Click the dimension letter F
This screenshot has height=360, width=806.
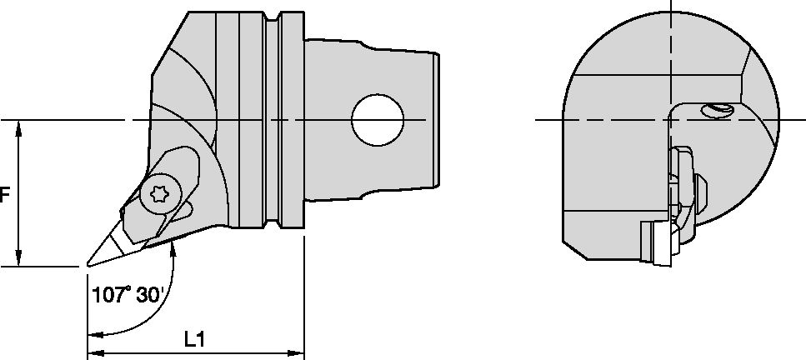tap(4, 195)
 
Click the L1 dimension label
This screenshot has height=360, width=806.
tap(194, 339)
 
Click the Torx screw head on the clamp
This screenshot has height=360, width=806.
tap(158, 195)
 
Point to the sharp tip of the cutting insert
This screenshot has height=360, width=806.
tap(88, 267)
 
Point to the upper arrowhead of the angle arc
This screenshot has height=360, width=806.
tap(175, 247)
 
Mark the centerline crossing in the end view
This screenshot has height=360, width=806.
tap(671, 119)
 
